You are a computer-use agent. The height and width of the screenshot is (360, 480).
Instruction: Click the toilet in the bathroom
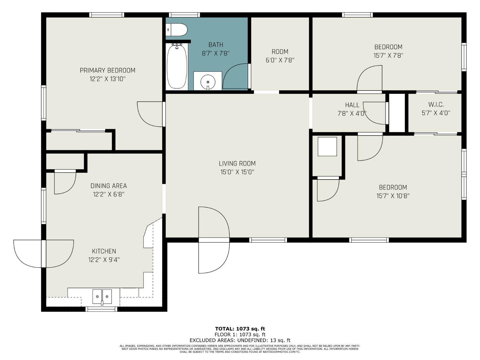click(176, 30)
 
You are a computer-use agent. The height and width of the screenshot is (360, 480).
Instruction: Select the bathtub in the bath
click(177, 67)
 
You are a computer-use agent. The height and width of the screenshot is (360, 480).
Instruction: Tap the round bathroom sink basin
click(208, 82)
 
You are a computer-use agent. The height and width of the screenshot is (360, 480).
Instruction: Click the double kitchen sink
click(102, 296)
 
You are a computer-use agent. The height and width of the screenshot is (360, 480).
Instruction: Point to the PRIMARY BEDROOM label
click(108, 70)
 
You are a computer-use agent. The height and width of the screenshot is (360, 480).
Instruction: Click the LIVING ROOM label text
click(237, 164)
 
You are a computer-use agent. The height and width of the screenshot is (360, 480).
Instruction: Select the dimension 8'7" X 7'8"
click(216, 53)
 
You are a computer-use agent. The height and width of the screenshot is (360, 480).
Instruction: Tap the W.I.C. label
click(436, 105)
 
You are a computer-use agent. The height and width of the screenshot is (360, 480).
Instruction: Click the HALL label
click(352, 105)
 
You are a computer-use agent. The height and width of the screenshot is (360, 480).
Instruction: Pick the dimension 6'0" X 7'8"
click(280, 60)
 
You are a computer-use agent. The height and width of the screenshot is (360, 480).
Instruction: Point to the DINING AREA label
click(108, 186)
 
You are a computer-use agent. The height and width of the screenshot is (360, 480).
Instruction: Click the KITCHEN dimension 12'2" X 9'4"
click(104, 260)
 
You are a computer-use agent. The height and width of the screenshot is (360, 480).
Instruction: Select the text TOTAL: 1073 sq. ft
click(240, 329)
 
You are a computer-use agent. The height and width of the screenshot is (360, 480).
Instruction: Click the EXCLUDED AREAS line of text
click(240, 340)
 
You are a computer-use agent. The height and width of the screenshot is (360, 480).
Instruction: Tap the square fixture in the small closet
click(327, 147)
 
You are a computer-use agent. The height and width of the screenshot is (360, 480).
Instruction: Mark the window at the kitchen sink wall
click(101, 309)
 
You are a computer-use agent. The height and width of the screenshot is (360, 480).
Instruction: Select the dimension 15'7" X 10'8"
click(393, 196)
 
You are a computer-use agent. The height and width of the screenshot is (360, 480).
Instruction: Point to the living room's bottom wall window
click(268, 240)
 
